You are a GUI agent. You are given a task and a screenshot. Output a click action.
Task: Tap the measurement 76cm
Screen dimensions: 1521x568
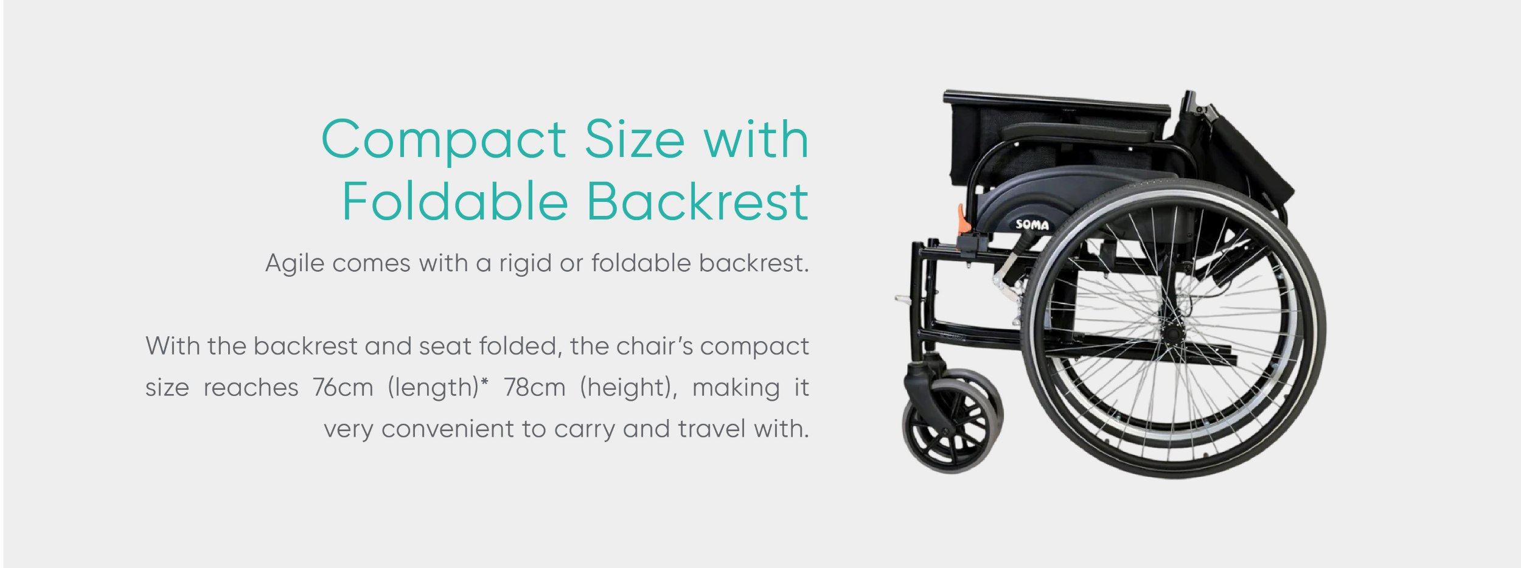(343, 387)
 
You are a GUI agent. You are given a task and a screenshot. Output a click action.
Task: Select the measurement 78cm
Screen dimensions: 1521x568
(534, 387)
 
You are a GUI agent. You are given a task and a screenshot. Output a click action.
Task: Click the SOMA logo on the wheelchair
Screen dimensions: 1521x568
(1032, 224)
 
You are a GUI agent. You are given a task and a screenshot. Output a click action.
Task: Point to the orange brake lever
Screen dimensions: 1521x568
(963, 220)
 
